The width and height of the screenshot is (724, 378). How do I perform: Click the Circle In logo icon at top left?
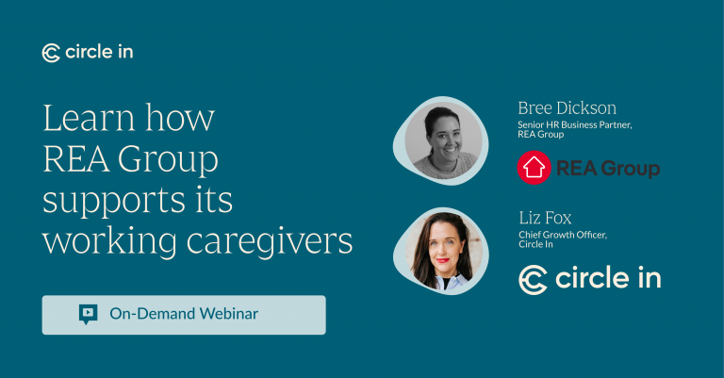click(x=51, y=53)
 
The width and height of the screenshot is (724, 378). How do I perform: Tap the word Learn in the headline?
click(x=90, y=118)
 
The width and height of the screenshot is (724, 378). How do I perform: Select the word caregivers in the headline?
click(x=270, y=242)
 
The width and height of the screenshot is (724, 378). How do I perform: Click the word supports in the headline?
click(x=111, y=201)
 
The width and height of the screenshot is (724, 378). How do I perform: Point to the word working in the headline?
click(x=109, y=242)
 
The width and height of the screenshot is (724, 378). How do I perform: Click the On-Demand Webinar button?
click(x=184, y=315)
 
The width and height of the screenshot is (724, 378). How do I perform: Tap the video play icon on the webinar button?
click(x=89, y=314)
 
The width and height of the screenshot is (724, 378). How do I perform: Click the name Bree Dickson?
click(x=567, y=108)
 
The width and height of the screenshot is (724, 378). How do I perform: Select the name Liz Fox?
click(x=545, y=218)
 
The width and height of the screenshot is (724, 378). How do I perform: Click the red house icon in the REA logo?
click(x=535, y=168)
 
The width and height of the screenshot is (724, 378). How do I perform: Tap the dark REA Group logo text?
click(x=608, y=168)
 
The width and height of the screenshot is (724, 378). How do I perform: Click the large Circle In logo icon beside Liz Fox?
click(x=533, y=280)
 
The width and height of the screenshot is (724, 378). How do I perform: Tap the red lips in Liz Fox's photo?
click(x=443, y=260)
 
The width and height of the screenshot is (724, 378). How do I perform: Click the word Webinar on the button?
click(x=229, y=314)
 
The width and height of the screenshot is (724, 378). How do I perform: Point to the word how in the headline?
click(x=181, y=118)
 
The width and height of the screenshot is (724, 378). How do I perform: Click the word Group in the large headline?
click(x=168, y=160)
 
